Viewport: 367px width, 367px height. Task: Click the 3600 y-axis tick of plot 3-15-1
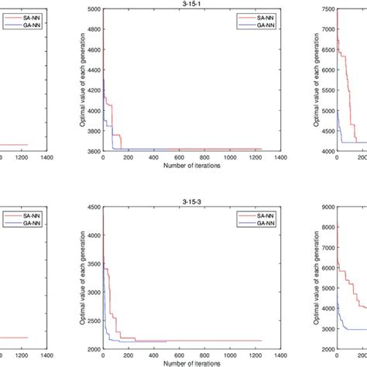tap(93, 152)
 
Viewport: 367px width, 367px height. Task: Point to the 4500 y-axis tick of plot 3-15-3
tap(93, 205)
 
